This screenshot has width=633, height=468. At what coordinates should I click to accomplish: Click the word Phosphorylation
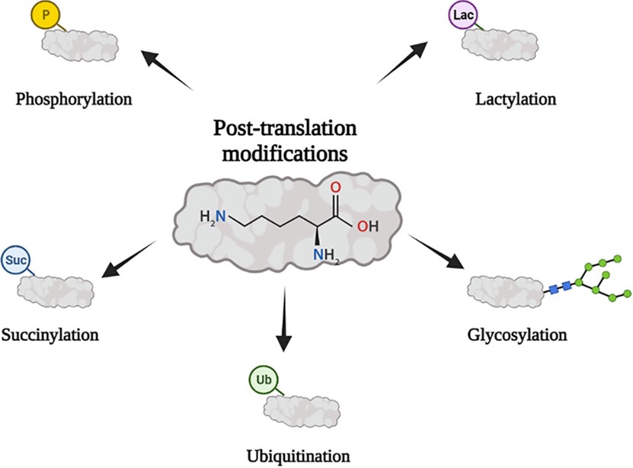pos(73,99)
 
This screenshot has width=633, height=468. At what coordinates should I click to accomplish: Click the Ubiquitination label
pos(299,457)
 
